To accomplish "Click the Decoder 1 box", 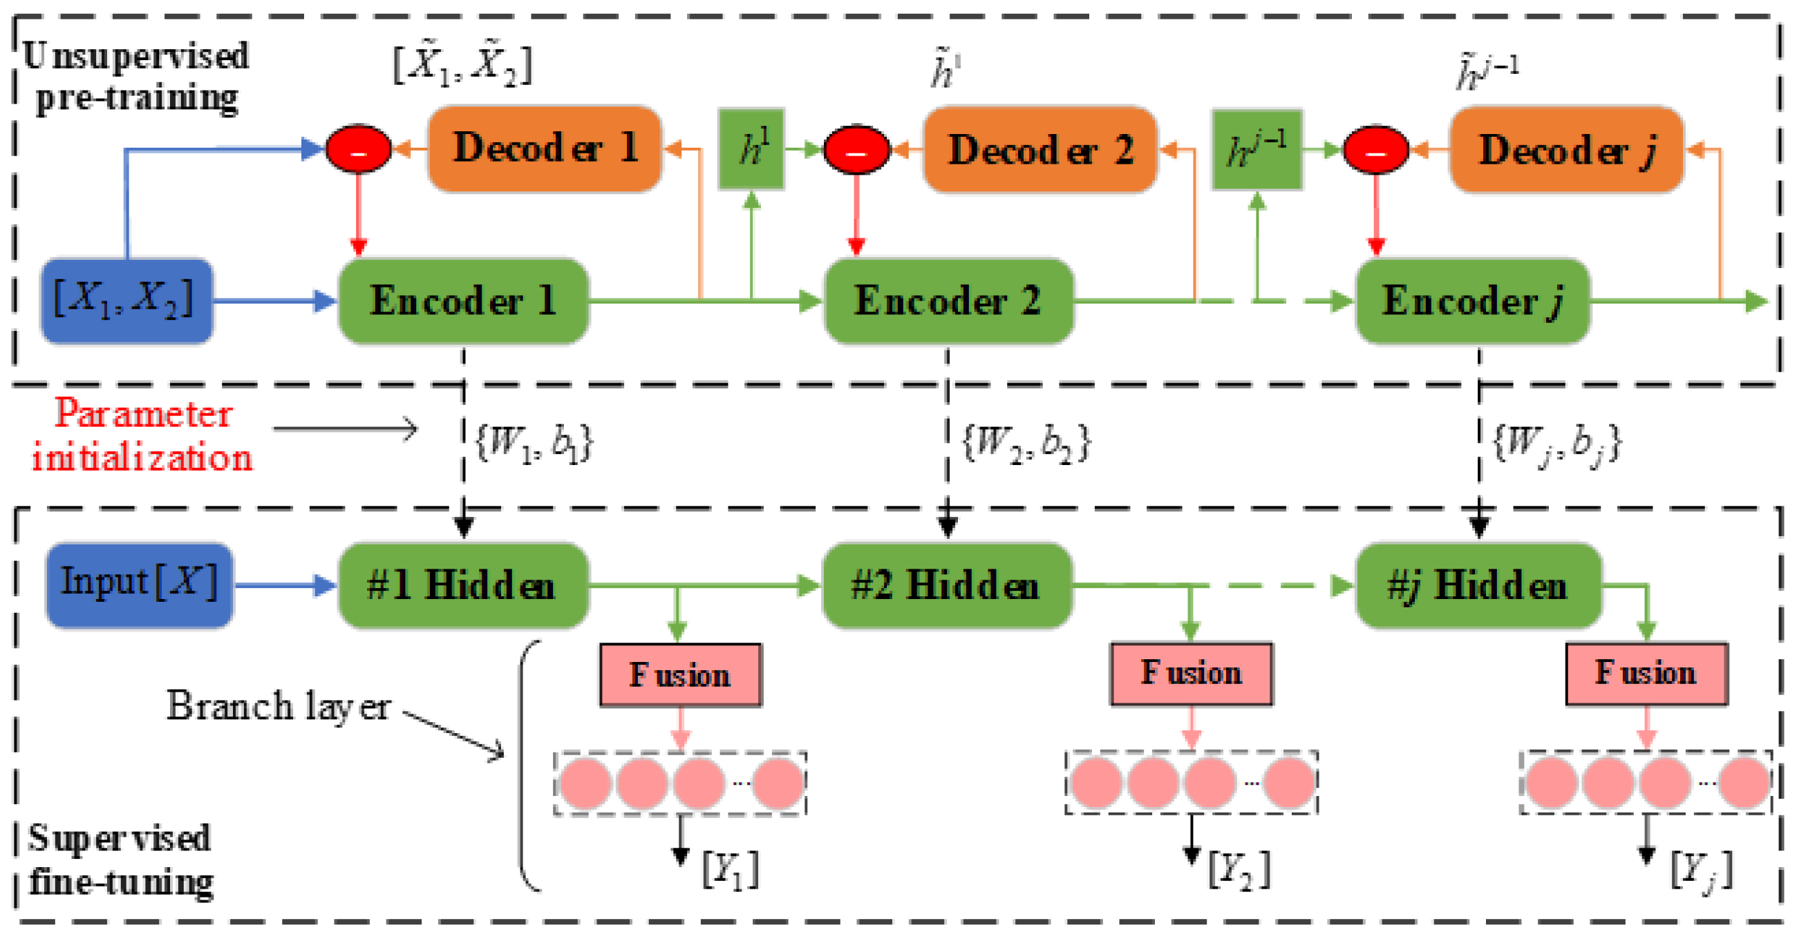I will [544, 149].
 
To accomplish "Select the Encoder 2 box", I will [948, 301].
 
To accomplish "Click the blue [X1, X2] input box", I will [126, 301].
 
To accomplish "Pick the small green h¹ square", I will [751, 149].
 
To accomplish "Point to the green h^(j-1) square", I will [1257, 149].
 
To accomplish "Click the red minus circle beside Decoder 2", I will [856, 149].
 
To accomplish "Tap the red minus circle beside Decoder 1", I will [359, 149].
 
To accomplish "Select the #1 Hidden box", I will [462, 585].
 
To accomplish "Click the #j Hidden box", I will [1478, 585].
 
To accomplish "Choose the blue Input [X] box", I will [140, 585].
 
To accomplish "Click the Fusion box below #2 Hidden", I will [1191, 674].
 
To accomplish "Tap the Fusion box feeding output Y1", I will [680, 675].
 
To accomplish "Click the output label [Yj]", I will [1700, 870].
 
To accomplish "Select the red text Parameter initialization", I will [142, 435].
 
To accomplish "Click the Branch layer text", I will [278, 706].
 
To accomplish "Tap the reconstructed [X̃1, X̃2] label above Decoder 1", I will [462, 66].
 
